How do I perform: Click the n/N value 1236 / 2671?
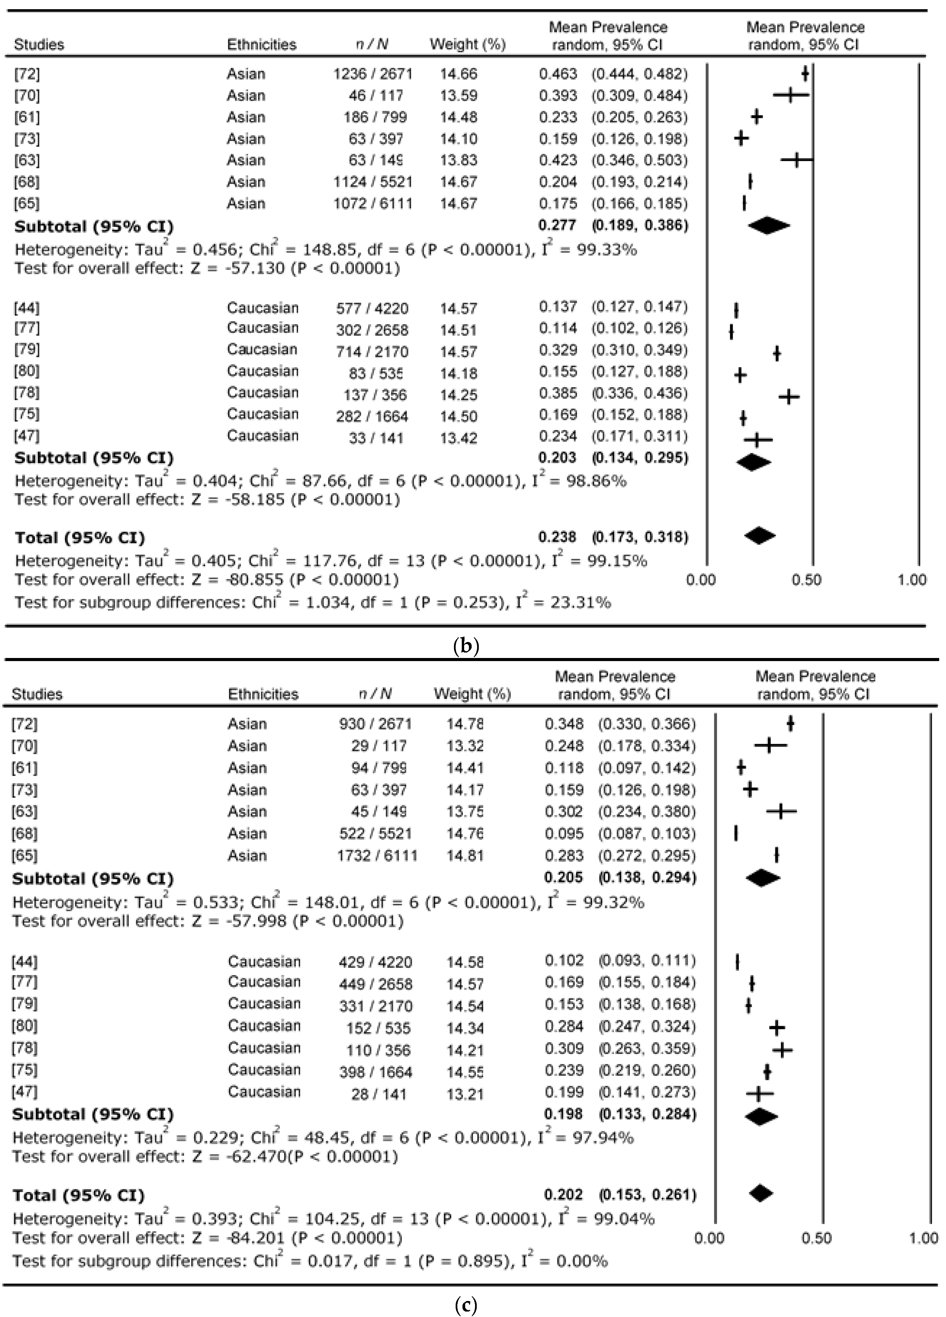coord(373,74)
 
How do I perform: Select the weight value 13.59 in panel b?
coord(458,95)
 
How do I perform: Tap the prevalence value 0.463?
coord(558,74)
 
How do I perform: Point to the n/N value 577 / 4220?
coord(372,308)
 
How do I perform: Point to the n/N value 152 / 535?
coord(378,1028)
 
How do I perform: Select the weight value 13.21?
coord(465,1094)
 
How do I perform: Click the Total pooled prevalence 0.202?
coord(563,1194)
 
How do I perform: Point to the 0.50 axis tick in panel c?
coord(816,1238)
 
